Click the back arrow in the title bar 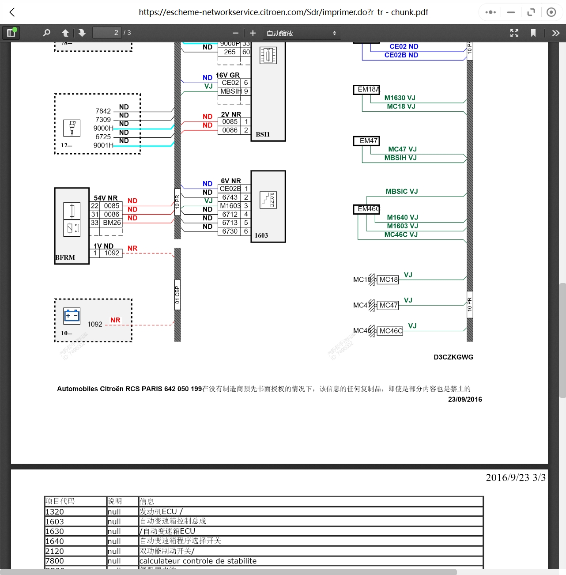click(x=12, y=12)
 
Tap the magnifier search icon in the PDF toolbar click(x=46, y=33)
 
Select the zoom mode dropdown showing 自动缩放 click(x=302, y=33)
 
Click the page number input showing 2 click(x=106, y=33)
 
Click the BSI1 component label click(x=263, y=134)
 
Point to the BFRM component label click(x=65, y=257)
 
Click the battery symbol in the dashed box click(x=72, y=316)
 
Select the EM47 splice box click(x=366, y=141)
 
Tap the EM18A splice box click(x=366, y=90)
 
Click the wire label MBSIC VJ click(x=401, y=191)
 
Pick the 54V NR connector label click(x=106, y=198)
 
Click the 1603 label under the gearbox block click(x=261, y=235)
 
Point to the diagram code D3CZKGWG click(x=453, y=357)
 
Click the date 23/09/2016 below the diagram click(x=465, y=399)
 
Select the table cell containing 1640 click(x=75, y=541)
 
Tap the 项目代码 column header click(x=75, y=501)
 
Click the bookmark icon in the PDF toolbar click(x=533, y=33)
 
